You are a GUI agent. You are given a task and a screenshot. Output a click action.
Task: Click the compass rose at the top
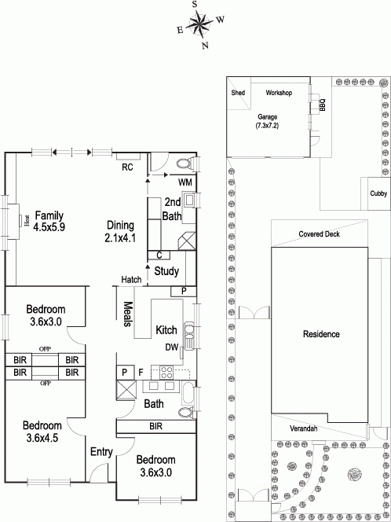(199, 24)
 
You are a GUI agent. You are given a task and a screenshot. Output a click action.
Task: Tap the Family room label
(49, 221)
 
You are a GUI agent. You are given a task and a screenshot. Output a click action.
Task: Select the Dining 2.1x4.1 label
(120, 231)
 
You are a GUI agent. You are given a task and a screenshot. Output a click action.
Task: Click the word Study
(166, 271)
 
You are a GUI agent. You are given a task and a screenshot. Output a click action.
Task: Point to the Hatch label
(131, 280)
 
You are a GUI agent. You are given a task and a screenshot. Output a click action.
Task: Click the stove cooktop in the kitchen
(166, 372)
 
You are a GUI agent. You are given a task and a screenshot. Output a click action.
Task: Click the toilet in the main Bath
(186, 413)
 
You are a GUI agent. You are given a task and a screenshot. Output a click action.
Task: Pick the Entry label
(102, 452)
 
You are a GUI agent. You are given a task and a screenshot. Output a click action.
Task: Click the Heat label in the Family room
(27, 220)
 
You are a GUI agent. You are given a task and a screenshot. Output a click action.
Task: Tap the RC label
(127, 167)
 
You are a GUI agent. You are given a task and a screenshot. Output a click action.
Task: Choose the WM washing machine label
(185, 182)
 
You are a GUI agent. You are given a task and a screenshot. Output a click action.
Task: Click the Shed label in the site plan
(238, 93)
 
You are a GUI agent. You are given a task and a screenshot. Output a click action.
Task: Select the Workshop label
(279, 93)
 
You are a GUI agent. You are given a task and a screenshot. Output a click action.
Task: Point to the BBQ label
(322, 105)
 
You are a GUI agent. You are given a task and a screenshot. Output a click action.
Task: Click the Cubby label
(378, 193)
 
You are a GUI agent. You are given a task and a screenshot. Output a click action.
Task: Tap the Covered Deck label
(320, 233)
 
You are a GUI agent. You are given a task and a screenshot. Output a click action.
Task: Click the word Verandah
(302, 428)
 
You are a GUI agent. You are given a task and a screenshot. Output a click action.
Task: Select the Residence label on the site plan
(321, 334)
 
